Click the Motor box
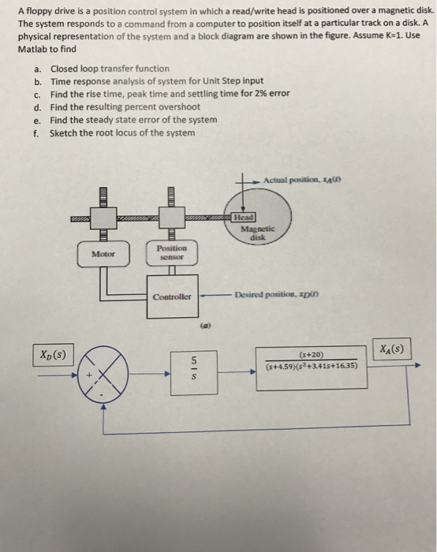point(103,255)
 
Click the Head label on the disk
point(244,216)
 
